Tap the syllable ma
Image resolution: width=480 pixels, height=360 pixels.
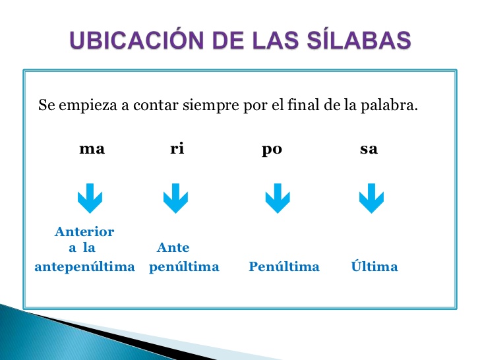coord(92,149)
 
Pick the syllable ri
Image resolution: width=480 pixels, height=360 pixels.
coord(177,149)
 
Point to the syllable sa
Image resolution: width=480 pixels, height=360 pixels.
coord(369,149)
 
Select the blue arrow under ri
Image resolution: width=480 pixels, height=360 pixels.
coord(175,198)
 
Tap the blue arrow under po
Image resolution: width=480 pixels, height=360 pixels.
coord(278,198)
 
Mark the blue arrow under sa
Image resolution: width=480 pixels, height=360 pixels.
coord(371,198)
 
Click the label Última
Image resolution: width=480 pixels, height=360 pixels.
coord(375,267)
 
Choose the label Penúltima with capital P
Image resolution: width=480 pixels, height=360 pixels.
coord(284,267)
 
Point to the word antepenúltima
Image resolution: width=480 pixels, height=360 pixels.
coord(84,268)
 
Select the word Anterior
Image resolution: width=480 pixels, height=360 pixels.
coord(84,232)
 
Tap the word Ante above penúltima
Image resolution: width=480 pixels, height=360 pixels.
coord(173,249)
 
